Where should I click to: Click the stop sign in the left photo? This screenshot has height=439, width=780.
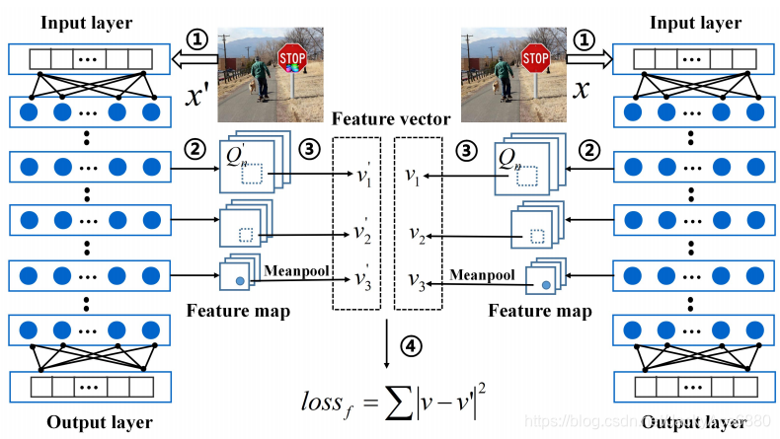[290, 56]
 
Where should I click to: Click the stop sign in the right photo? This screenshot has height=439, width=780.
[535, 60]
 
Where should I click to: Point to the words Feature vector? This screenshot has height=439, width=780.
[391, 119]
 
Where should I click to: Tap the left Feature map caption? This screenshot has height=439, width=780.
[238, 312]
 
